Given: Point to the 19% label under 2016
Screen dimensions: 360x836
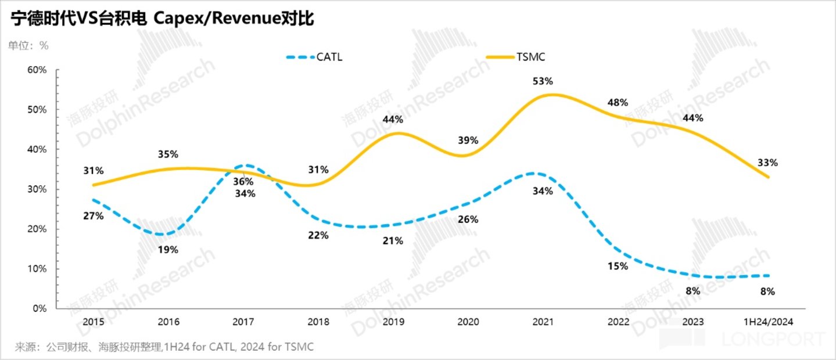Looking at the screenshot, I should coord(168,250).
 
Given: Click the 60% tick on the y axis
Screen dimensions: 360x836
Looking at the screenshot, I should coord(37,70).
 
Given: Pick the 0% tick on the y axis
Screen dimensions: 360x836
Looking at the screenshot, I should coord(39,309).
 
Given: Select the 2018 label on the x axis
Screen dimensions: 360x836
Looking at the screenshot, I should coord(318,322).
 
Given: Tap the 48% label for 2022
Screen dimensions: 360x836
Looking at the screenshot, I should coord(617,103).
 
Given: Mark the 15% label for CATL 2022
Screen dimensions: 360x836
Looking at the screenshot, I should coord(617,267).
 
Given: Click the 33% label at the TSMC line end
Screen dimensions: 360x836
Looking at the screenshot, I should coord(767,163).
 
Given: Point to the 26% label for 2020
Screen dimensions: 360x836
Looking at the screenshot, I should coord(468,219).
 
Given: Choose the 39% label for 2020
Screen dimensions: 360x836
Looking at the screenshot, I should coord(468,140).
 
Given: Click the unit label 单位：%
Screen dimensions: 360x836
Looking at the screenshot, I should coord(28,45).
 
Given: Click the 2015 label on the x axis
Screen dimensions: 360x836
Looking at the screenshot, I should coord(93,322).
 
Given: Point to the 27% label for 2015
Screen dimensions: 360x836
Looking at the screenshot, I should coord(93,216).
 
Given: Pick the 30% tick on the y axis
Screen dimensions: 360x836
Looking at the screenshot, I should coord(37,189).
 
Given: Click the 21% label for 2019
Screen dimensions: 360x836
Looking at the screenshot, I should coord(393,240).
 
